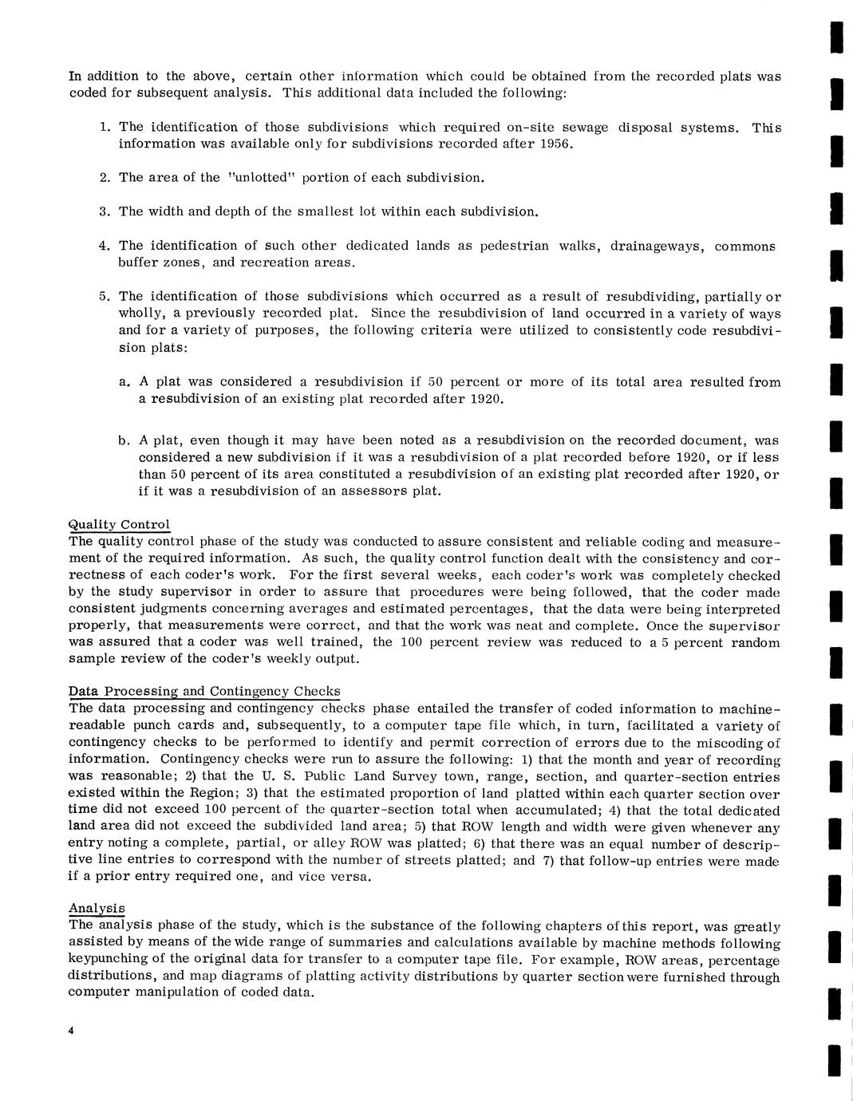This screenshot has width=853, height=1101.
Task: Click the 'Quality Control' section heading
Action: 119,524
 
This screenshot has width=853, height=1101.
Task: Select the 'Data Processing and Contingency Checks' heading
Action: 204,691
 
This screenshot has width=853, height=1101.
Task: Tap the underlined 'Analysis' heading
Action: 97,908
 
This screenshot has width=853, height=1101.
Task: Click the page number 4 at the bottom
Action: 72,1032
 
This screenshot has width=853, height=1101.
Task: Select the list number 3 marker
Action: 104,211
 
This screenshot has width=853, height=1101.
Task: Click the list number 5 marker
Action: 104,296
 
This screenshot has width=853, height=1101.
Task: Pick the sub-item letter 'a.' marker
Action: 124,381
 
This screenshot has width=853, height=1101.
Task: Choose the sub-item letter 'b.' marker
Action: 124,440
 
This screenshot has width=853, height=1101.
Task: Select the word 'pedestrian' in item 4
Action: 514,246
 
